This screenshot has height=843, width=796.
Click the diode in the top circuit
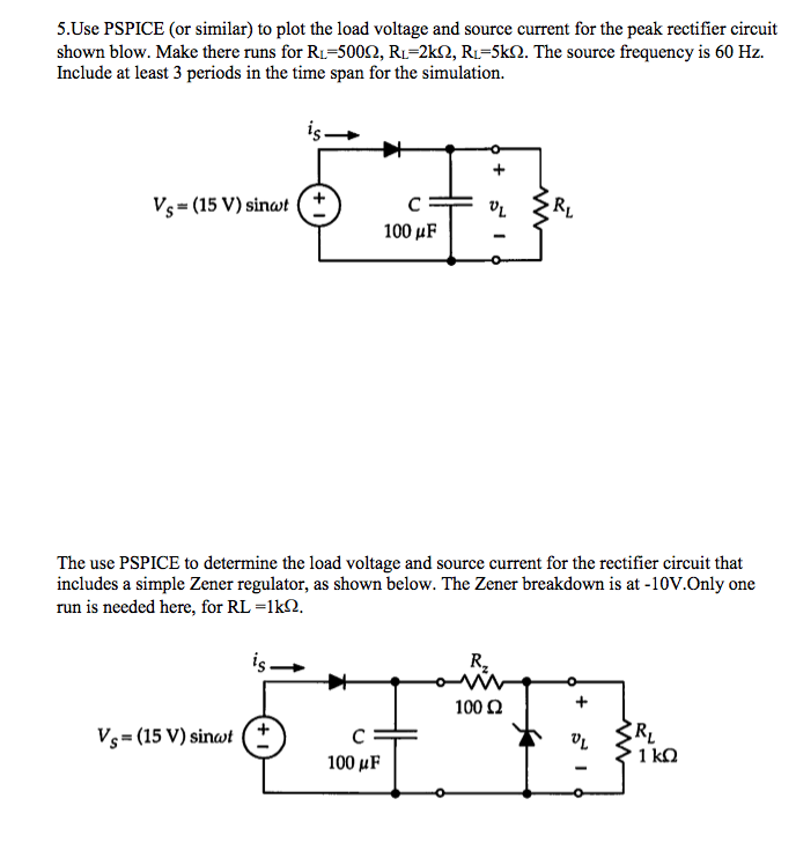click(x=392, y=149)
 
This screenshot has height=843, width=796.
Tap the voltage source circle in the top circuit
click(x=319, y=205)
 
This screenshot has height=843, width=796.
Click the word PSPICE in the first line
click(x=134, y=29)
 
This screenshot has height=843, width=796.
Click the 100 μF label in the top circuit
click(x=410, y=232)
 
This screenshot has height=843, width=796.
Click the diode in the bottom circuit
click(x=337, y=682)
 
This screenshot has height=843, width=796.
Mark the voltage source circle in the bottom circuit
click(x=264, y=737)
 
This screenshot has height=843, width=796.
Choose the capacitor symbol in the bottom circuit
click(x=395, y=735)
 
